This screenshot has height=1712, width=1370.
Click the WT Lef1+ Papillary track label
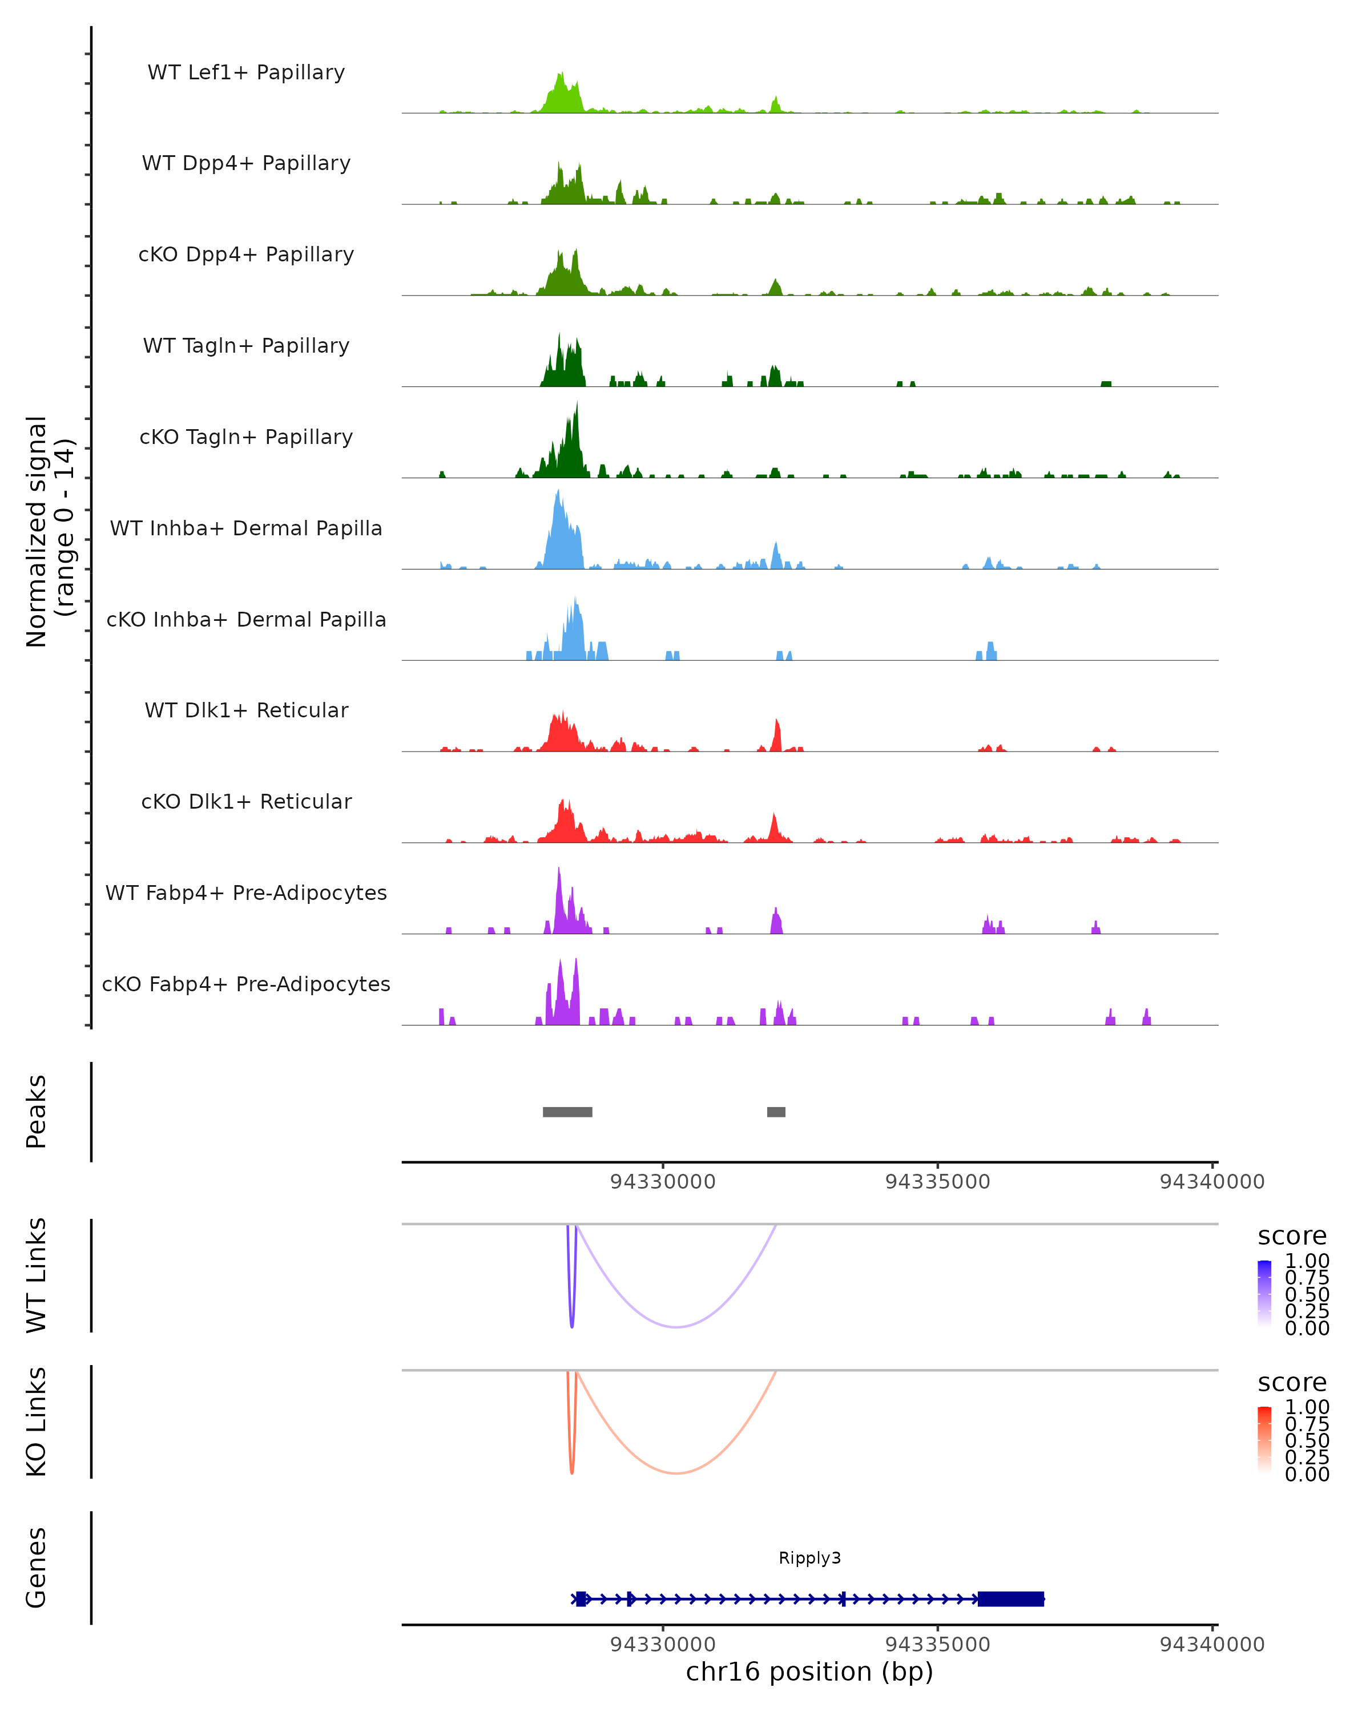click(x=246, y=72)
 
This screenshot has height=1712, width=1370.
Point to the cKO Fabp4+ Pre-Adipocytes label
click(x=246, y=984)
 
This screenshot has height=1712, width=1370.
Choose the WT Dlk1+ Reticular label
click(x=246, y=710)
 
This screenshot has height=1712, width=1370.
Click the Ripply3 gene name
click(x=809, y=1558)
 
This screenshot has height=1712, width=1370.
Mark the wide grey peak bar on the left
click(x=567, y=1112)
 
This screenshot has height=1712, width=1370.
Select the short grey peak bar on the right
click(x=776, y=1112)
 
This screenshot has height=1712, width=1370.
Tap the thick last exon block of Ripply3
click(x=1010, y=1598)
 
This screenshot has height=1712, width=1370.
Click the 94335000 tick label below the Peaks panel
click(x=937, y=1182)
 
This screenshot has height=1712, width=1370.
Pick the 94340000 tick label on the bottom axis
click(x=1212, y=1645)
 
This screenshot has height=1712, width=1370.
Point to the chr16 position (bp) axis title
click(x=809, y=1672)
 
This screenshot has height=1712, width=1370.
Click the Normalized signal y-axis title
click(x=49, y=531)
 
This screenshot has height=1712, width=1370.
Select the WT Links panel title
click(x=37, y=1275)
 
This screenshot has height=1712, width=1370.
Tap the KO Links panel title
click(x=37, y=1422)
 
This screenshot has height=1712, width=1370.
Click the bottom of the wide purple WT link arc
click(x=676, y=1327)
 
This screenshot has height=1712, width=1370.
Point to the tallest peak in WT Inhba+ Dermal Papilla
click(x=558, y=492)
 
